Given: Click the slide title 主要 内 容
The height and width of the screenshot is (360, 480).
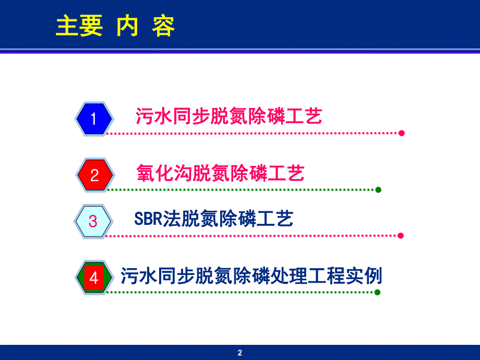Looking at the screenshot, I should tap(115, 27).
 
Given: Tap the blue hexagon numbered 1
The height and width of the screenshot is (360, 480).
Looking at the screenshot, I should tap(94, 119).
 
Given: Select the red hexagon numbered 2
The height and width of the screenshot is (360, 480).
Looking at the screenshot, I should tap(94, 175).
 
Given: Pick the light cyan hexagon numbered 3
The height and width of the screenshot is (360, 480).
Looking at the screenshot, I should tap(93, 221).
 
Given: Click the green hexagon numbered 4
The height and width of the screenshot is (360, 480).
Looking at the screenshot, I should tap(94, 278).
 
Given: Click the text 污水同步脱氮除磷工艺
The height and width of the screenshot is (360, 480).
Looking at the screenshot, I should tap(229, 116).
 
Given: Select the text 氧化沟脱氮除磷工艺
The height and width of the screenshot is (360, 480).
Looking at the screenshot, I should tap(220, 173).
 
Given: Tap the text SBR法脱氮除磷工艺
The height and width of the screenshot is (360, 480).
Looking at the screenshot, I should tap(214, 219).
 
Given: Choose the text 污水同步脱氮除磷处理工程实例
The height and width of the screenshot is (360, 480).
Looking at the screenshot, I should tap(251, 275).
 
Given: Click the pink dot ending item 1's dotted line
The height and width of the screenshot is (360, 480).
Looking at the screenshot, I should tap(401, 133).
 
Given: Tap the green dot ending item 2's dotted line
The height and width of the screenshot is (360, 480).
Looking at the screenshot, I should tap(378, 189).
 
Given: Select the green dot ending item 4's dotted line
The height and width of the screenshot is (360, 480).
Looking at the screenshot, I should tap(378, 292).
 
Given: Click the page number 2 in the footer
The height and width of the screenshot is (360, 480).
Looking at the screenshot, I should tap(240, 353).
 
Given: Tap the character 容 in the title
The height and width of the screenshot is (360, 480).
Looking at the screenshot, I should tap(163, 27).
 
